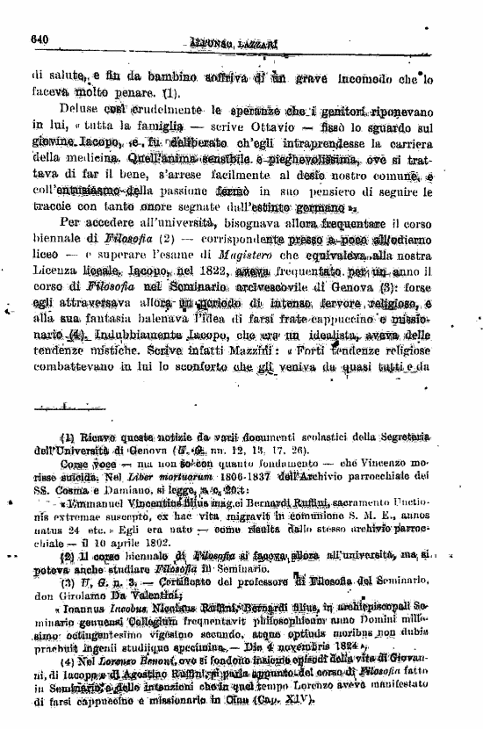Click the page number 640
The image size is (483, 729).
(38, 38)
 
